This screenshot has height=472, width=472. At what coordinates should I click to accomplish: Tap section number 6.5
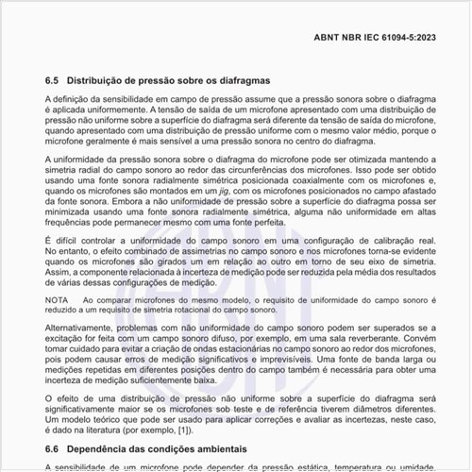[53, 82]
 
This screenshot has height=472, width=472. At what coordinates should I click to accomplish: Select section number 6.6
[53, 449]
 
